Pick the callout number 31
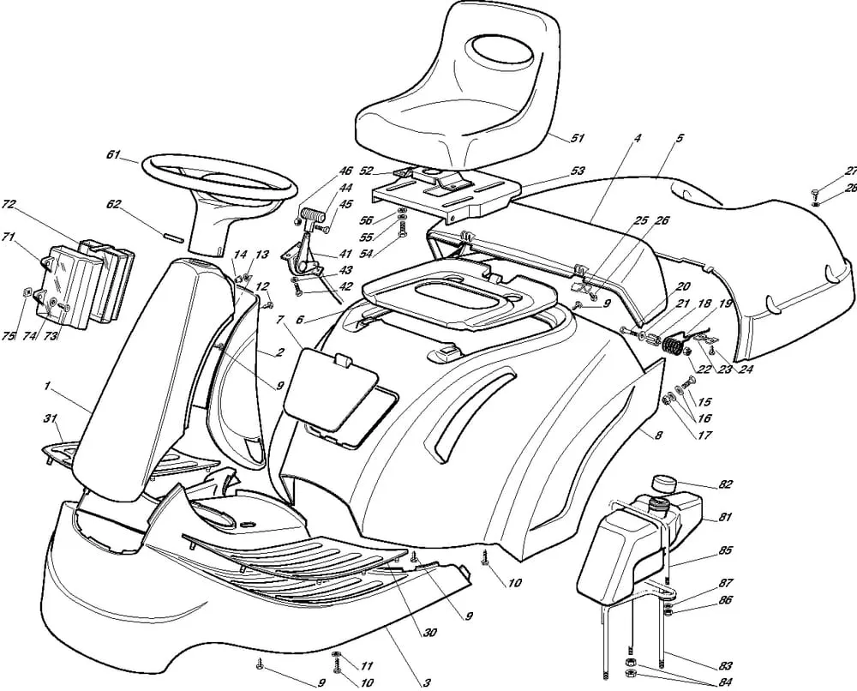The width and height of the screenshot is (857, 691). click(x=51, y=418)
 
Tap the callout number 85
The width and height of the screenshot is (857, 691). click(x=725, y=550)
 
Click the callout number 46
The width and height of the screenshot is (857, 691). click(x=345, y=171)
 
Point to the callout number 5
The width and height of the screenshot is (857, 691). click(x=680, y=138)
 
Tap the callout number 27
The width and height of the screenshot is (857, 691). click(x=850, y=171)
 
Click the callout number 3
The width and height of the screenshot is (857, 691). click(x=427, y=682)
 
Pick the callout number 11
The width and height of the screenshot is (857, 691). click(x=367, y=666)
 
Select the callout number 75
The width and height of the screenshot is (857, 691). click(x=8, y=336)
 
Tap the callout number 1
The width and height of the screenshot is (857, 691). click(x=47, y=387)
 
